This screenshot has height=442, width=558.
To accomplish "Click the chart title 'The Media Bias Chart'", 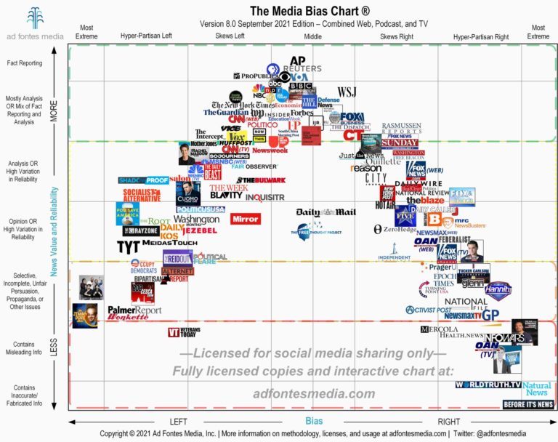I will coord(299,11).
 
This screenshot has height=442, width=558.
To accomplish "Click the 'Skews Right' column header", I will coord(397,36).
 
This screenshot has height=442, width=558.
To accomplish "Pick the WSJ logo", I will coord(347,91).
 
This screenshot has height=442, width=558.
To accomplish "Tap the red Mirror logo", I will coord(245,218).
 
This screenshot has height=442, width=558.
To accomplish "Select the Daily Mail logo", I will coord(326,212).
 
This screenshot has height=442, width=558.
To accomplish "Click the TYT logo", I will coord(129,247).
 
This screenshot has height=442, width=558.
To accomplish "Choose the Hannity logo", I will coord(498,291).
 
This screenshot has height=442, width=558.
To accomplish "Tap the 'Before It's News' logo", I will coord(528,403).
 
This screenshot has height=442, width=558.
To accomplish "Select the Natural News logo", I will coord(537,387).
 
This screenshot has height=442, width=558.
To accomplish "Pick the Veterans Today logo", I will coord(184,332).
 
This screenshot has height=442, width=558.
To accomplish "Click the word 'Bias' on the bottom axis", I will coord(313,419).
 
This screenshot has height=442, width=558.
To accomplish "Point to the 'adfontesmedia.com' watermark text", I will coord(314,393).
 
